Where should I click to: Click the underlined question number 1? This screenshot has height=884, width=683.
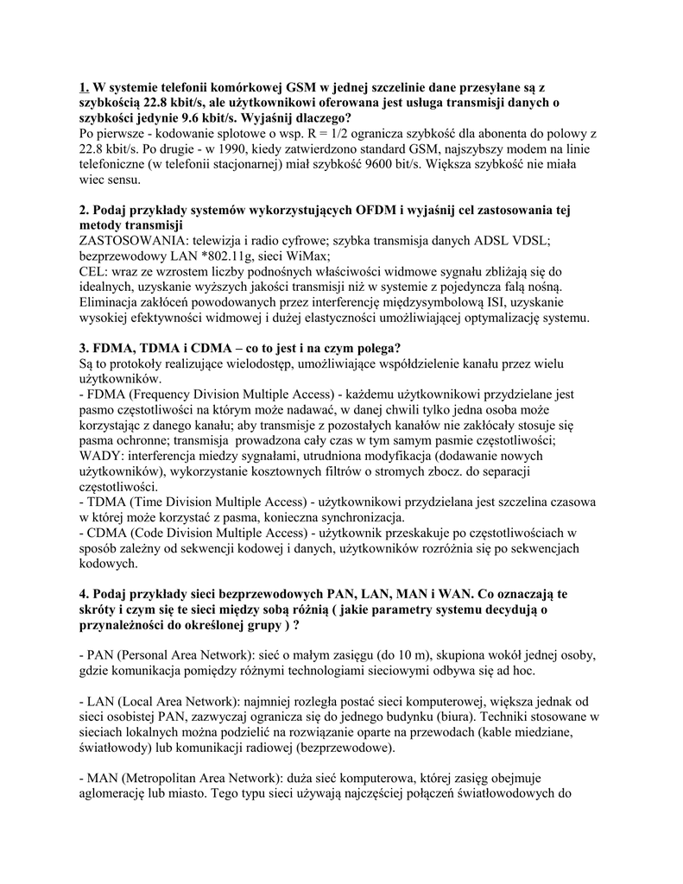[x=83, y=87]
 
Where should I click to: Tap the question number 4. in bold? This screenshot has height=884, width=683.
[x=83, y=595]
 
